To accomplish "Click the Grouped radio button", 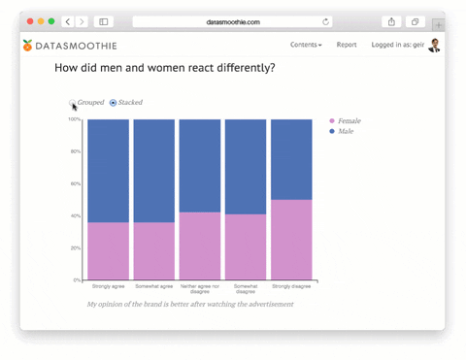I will tap(73, 103).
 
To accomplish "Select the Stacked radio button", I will tap(113, 103).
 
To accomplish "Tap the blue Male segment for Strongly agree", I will tap(108, 170).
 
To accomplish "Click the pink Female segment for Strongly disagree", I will tap(291, 240).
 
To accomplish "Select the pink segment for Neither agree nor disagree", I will tap(200, 245).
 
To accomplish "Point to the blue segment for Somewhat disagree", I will tap(246, 166).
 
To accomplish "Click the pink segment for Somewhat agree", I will tap(153, 251).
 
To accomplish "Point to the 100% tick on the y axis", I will tap(74, 119).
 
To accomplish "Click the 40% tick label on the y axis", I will tap(75, 215).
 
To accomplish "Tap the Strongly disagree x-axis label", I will tap(291, 286).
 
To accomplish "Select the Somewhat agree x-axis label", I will tap(153, 286).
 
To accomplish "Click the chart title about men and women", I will tap(164, 68).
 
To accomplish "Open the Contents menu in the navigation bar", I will tap(306, 45).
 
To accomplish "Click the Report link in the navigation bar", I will tap(347, 45).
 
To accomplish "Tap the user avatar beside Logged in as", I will tap(434, 45).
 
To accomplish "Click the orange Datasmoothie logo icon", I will tap(27, 45).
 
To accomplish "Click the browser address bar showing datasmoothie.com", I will tap(232, 21).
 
